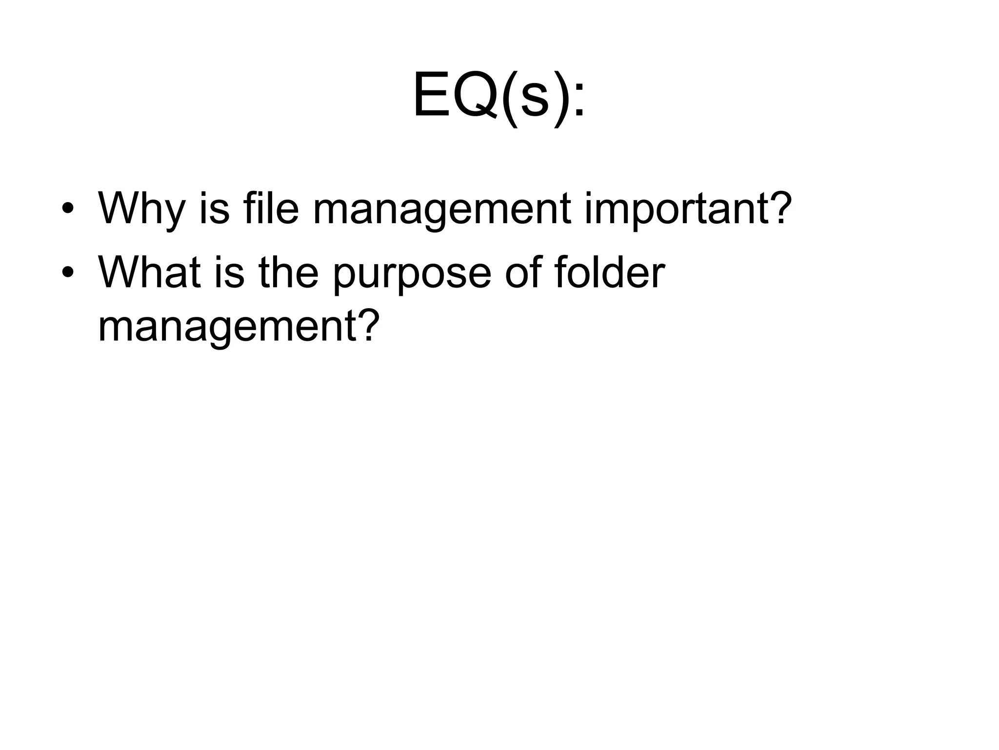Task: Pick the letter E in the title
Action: tap(432, 95)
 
